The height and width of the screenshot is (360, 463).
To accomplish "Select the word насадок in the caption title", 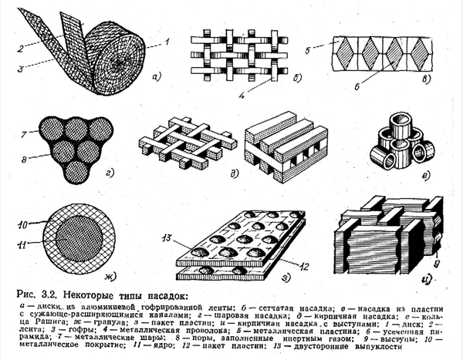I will pyautogui.click(x=166, y=288).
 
